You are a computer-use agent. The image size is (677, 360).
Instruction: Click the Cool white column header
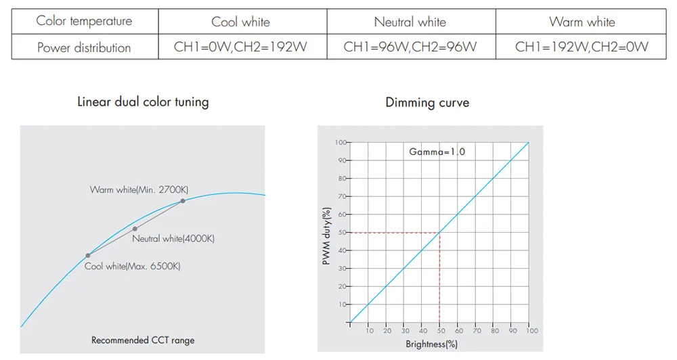tap(240, 22)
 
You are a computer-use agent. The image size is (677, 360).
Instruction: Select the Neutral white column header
tap(410, 22)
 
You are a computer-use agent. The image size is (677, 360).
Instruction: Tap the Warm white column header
tap(582, 22)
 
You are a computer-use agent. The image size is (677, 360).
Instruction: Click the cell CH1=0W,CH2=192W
tap(240, 47)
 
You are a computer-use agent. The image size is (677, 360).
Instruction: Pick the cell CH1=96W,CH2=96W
tap(410, 47)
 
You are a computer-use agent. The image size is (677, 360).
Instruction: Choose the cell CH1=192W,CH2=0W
tap(582, 47)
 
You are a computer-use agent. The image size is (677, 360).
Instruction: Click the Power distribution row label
tap(84, 47)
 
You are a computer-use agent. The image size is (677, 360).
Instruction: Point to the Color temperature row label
tap(84, 21)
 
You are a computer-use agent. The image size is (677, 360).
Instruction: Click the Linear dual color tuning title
tap(143, 102)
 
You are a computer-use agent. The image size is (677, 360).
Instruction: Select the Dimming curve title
tap(427, 103)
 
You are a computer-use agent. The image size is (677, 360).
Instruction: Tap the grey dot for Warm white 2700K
tap(183, 201)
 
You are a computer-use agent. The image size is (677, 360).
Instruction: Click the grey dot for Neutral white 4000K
tap(135, 229)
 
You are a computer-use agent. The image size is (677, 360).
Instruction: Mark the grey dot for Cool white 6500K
tap(88, 255)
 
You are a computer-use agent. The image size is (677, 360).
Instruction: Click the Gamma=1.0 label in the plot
tap(437, 152)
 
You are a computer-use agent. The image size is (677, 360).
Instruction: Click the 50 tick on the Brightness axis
tap(439, 331)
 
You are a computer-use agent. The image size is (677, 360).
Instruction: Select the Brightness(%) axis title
tap(432, 344)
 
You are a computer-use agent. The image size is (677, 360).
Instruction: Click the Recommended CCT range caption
tap(143, 340)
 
